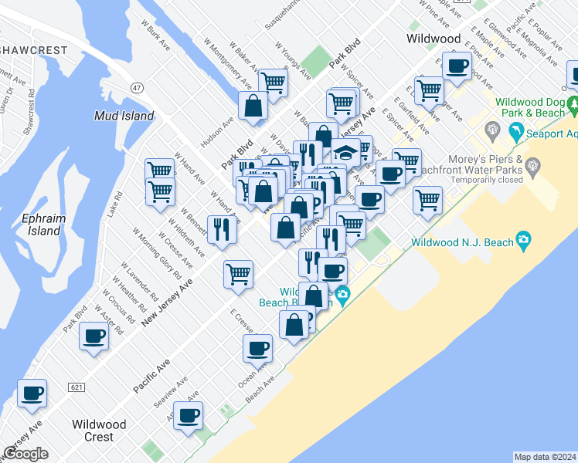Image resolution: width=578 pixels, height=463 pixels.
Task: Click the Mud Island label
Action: click(x=124, y=117)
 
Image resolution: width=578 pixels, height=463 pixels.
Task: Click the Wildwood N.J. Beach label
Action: click(x=463, y=242)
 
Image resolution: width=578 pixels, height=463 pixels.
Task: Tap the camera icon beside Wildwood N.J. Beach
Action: click(x=525, y=242)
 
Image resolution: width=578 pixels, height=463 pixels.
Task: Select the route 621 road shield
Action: click(x=76, y=386)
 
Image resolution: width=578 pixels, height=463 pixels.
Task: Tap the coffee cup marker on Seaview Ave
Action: click(x=189, y=416)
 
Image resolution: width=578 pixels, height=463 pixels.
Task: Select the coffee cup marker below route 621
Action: click(x=32, y=394)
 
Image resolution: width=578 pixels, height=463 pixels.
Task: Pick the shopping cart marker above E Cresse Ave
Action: click(x=239, y=273)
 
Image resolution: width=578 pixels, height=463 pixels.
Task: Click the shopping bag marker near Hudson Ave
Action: click(x=253, y=106)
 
